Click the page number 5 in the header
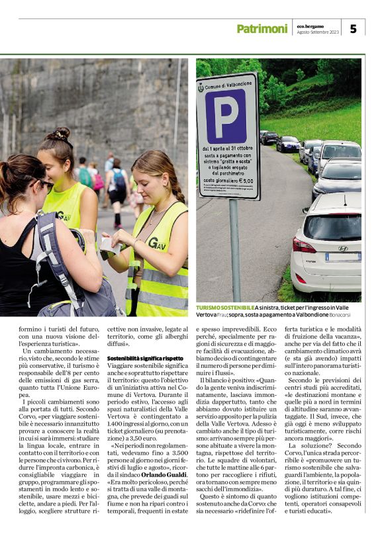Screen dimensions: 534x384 353,28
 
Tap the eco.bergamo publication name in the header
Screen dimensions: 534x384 312,25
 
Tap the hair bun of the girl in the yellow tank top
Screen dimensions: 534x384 61,135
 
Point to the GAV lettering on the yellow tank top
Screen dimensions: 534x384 64,215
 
